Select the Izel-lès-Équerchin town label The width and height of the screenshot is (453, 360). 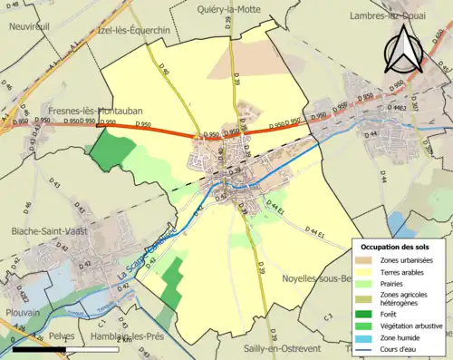tap(132, 29)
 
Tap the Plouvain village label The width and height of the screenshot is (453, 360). tap(21, 311)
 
